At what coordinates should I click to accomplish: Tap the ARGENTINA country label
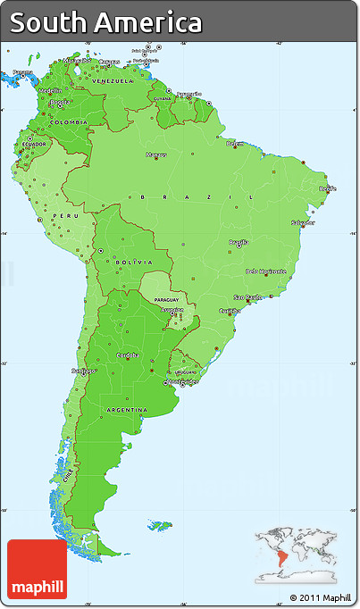click(x=127, y=409)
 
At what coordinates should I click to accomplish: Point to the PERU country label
click(x=60, y=215)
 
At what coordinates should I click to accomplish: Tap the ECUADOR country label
click(x=35, y=144)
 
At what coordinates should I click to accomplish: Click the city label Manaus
click(x=157, y=154)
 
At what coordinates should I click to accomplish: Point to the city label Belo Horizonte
click(x=264, y=271)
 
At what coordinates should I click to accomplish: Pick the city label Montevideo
click(x=185, y=382)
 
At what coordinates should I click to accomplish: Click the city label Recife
click(x=328, y=188)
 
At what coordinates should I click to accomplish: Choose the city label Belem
click(x=235, y=143)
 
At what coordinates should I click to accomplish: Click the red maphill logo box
click(x=37, y=570)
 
